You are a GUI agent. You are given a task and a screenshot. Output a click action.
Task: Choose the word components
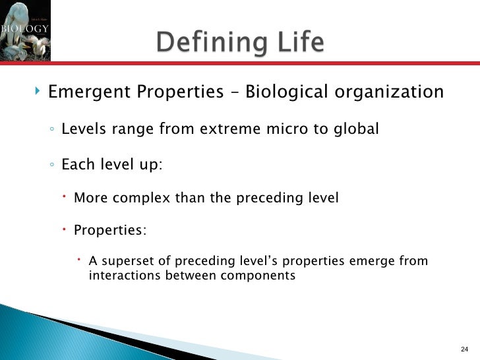[258, 276]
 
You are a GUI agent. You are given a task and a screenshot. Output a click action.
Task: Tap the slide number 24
[464, 349]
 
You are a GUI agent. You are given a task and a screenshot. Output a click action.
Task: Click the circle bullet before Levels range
[51, 130]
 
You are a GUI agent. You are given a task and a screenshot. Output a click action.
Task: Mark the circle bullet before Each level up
[51, 165]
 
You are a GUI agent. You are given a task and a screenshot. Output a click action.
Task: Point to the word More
[88, 197]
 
